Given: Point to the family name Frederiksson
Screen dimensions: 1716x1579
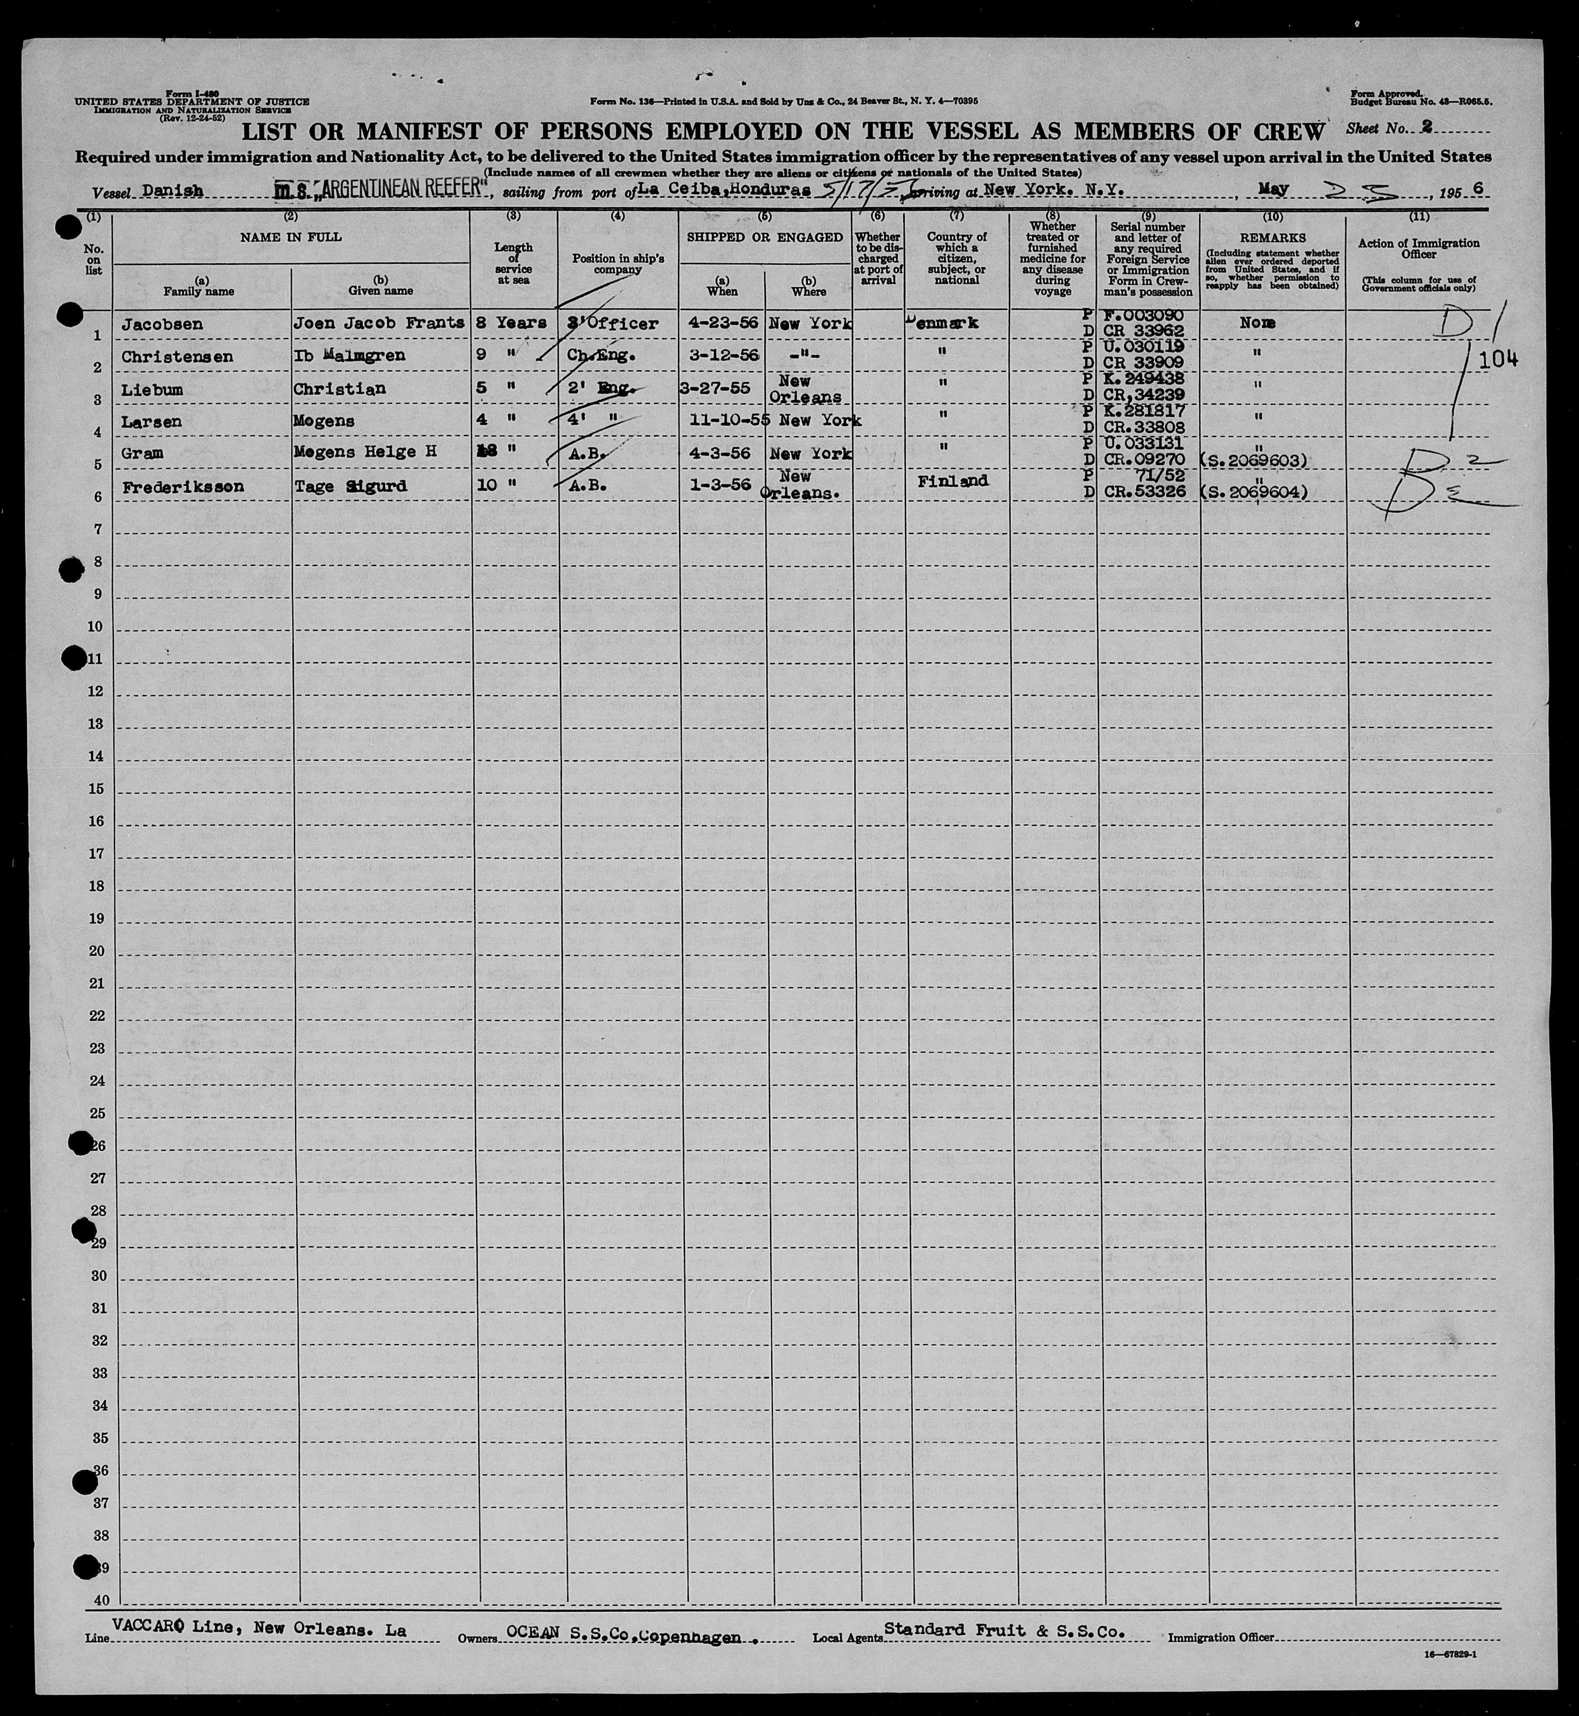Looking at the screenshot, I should point(182,487).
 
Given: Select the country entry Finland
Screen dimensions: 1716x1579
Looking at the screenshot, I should point(953,481).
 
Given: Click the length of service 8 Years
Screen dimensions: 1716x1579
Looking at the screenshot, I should point(512,324).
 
